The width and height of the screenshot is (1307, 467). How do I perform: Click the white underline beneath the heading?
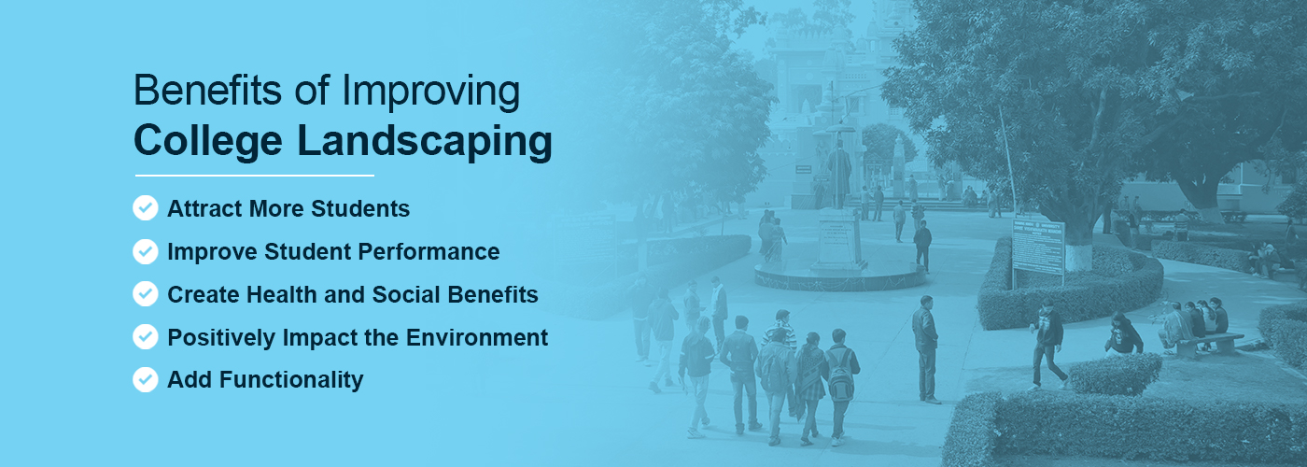point(254,175)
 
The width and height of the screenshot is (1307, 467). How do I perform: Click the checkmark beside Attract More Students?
point(145,208)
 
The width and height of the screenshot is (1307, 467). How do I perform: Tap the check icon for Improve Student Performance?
point(145,251)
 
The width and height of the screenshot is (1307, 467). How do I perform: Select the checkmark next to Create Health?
point(145,294)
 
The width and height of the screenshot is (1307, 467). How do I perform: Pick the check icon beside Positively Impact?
point(145,337)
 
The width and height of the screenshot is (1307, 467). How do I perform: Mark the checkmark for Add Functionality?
point(145,379)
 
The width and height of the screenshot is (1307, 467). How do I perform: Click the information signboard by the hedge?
point(1038,245)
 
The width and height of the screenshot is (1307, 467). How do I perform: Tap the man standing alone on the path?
point(925,346)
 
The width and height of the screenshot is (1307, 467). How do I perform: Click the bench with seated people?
point(1210,341)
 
